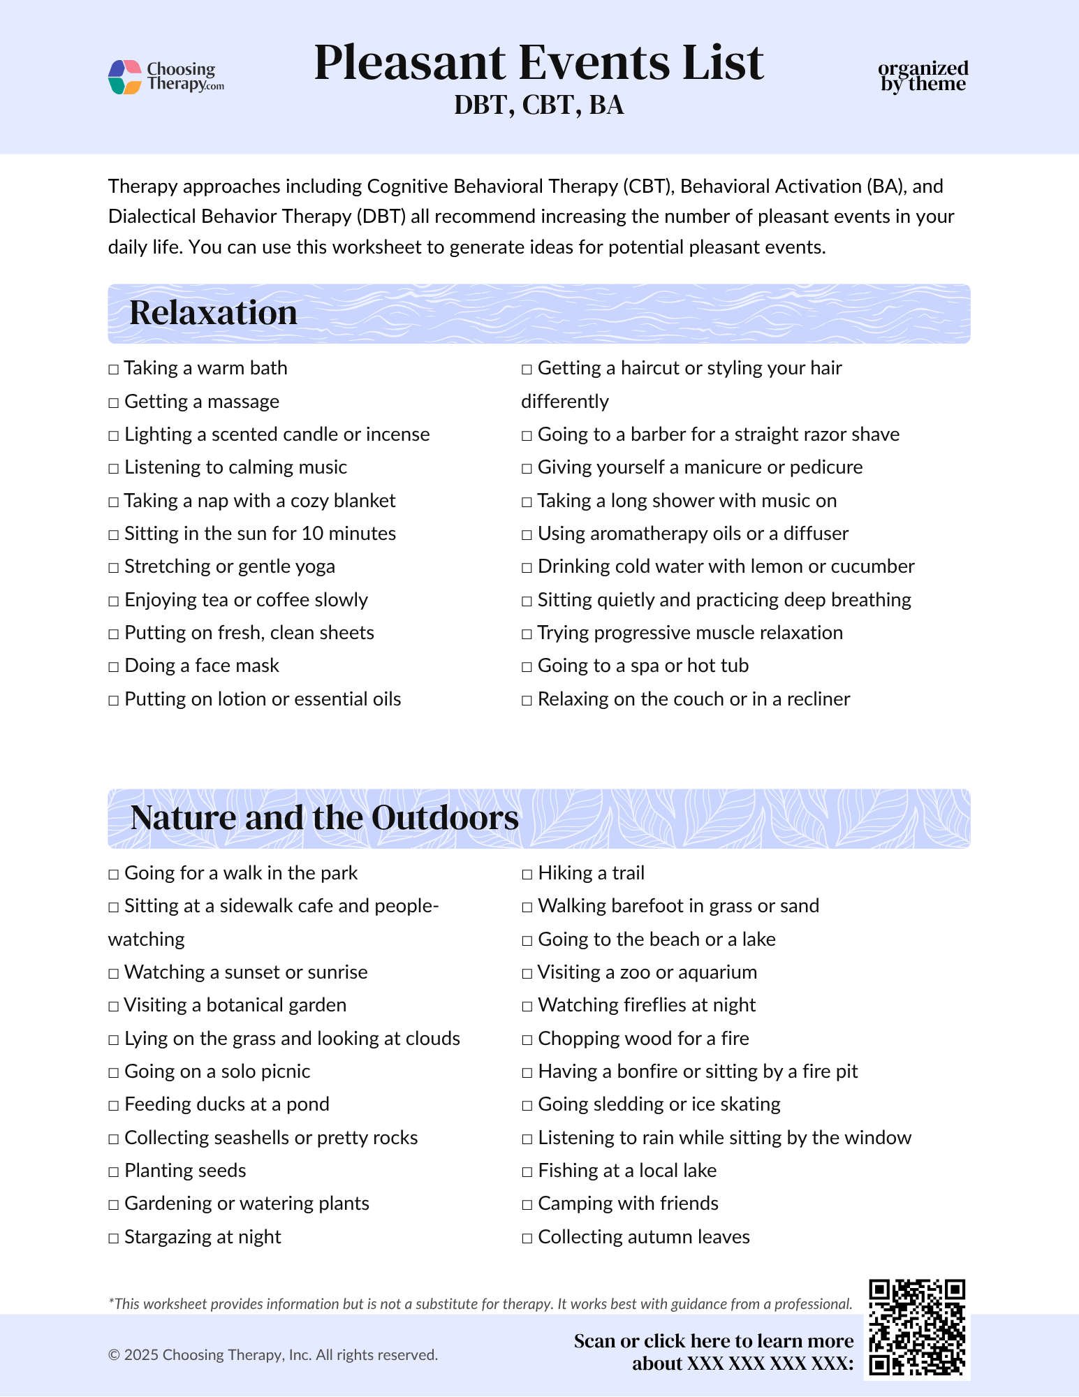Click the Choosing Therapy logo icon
tap(126, 77)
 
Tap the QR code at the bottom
tap(917, 1328)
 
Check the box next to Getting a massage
tap(114, 403)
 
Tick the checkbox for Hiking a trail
tap(527, 875)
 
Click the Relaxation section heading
tap(214, 313)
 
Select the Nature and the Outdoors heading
tap(324, 818)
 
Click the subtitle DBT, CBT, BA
tap(538, 105)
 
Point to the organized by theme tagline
tap(923, 76)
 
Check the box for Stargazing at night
tap(114, 1238)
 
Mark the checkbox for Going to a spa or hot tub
tap(527, 667)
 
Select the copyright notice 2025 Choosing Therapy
tap(272, 1355)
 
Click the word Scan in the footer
tap(594, 1341)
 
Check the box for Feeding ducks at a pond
tap(114, 1106)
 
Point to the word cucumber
tap(873, 566)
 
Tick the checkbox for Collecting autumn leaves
tap(527, 1238)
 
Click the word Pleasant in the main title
tap(409, 63)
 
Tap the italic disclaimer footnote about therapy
tap(480, 1303)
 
